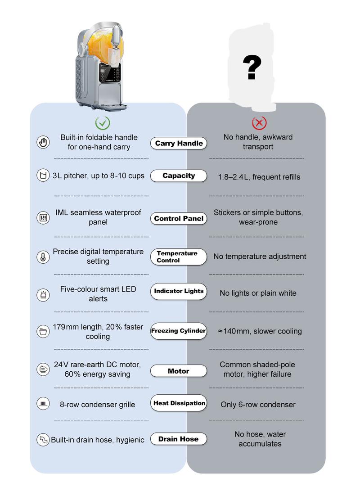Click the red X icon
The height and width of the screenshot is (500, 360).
tap(259, 122)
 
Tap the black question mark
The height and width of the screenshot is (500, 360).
tap(252, 68)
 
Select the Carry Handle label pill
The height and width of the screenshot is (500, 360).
tap(179, 144)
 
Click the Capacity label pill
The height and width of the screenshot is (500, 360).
tap(179, 176)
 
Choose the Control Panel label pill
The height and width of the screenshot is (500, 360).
tap(179, 219)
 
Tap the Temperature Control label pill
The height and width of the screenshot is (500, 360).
tap(179, 257)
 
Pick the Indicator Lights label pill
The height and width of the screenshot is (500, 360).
tap(179, 291)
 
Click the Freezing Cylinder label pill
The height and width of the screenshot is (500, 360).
tap(179, 331)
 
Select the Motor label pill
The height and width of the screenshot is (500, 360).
tap(179, 371)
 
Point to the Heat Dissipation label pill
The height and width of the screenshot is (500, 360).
tap(179, 403)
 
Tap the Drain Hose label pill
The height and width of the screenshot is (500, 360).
tap(179, 439)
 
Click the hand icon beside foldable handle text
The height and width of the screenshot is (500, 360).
tap(43, 142)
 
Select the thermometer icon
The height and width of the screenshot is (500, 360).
tap(43, 257)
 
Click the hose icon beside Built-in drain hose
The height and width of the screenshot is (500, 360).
tap(43, 440)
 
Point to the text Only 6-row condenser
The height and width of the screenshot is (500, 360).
tap(258, 405)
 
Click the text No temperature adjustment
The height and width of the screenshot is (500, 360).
tap(260, 257)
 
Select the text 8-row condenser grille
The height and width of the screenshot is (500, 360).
tap(97, 405)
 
